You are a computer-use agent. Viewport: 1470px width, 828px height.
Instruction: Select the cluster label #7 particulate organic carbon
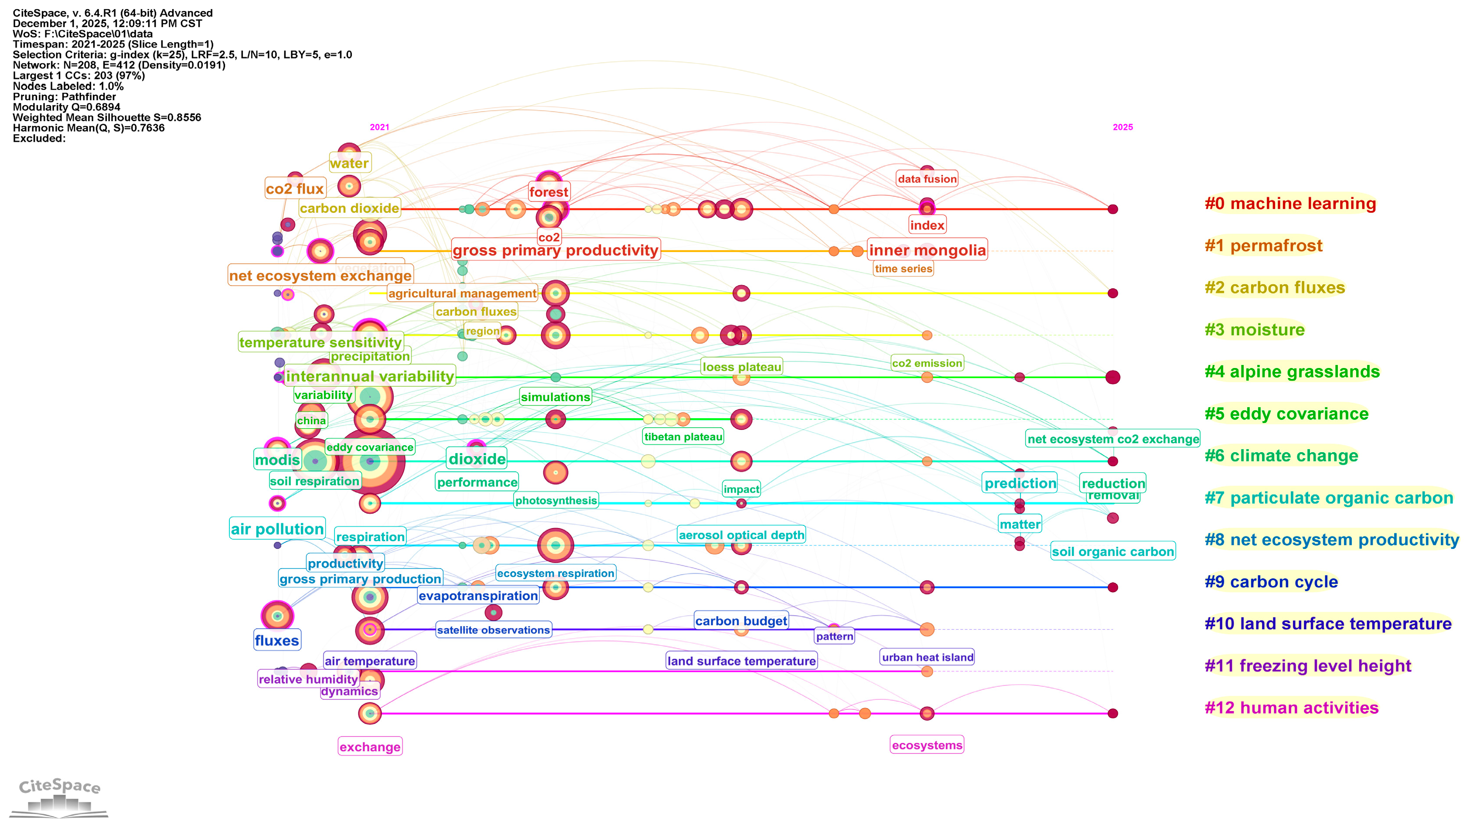pos(1328,498)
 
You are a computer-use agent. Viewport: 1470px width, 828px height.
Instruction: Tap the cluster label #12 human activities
pos(1291,708)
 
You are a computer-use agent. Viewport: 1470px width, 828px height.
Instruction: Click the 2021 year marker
pos(379,127)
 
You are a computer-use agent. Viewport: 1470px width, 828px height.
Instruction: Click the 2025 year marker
pos(1122,127)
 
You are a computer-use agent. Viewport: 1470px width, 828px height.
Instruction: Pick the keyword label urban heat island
pos(928,658)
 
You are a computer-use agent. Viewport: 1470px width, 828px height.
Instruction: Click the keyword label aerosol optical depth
pos(741,535)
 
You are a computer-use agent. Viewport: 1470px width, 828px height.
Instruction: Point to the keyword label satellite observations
pos(493,630)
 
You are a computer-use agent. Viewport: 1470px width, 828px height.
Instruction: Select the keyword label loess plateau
pos(741,367)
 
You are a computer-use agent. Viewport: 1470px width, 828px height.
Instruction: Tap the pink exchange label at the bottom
pos(370,747)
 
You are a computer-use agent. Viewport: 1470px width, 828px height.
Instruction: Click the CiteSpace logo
pos(59,796)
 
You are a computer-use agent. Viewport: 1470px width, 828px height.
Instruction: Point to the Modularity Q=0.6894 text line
pos(66,107)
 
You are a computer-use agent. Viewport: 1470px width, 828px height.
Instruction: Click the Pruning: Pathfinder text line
pos(64,97)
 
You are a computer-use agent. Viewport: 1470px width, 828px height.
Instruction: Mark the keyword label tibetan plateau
pos(683,437)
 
